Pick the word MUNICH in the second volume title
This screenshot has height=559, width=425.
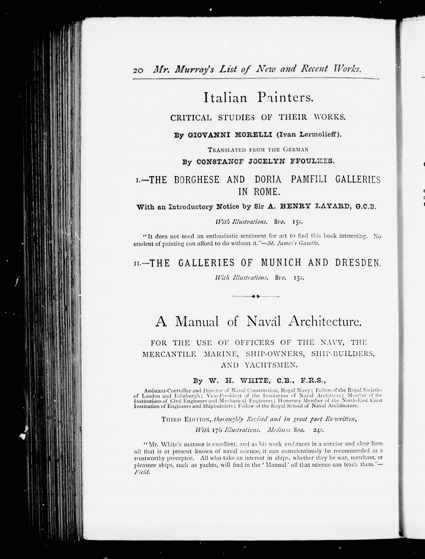281,263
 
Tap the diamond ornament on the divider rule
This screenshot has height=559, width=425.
256,296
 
